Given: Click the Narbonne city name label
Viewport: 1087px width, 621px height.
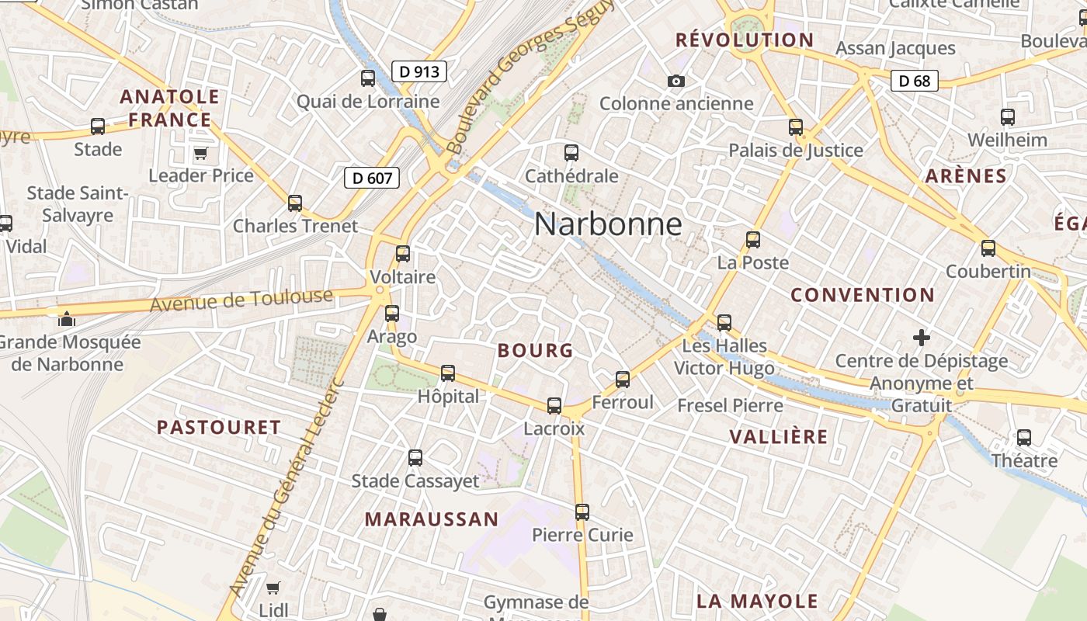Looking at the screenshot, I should tap(608, 225).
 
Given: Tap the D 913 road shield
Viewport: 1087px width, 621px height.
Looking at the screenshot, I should tap(420, 72).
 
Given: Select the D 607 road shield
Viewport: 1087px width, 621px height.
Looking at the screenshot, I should tap(372, 179).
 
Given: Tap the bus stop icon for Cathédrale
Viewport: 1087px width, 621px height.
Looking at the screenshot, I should tap(571, 153).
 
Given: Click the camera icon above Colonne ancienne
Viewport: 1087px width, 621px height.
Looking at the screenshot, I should tap(675, 81).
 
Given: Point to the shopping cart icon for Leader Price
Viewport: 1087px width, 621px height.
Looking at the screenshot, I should tap(201, 153).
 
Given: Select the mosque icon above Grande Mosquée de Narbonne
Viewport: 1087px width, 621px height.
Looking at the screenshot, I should tap(67, 318).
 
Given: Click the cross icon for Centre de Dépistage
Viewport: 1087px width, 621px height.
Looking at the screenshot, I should tap(922, 338).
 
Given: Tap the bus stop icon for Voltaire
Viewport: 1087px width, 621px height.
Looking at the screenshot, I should tap(402, 254).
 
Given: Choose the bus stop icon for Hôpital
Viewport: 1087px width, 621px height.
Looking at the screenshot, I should tap(448, 373).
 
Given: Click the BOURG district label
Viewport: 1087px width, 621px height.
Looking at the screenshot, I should tap(535, 351).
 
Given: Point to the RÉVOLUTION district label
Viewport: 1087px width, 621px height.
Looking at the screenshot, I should tap(745, 40).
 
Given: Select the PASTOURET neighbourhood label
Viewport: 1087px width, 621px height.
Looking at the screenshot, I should tap(219, 428).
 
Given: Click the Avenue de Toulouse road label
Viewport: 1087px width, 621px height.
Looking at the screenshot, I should tap(241, 300).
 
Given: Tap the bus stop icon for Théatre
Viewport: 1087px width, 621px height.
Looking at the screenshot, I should tap(1024, 438).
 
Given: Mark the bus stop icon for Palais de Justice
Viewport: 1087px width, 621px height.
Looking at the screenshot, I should tap(796, 127).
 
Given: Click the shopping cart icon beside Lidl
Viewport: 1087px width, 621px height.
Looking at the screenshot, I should tap(273, 588).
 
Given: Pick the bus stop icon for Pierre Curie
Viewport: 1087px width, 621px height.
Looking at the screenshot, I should tap(582, 512).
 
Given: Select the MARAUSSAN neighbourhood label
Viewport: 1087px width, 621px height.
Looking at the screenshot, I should tap(432, 519).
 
